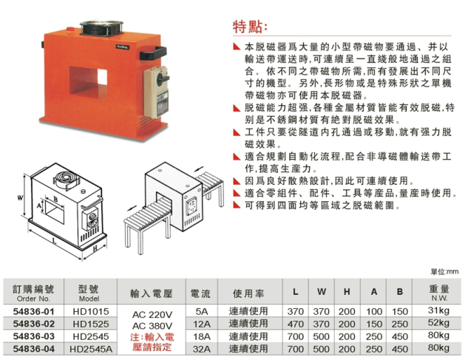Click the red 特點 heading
(x=250, y=27)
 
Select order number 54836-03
(x=34, y=336)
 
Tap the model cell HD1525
(x=91, y=324)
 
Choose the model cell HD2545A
(x=91, y=349)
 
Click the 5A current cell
(x=202, y=311)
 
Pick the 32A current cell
(x=202, y=349)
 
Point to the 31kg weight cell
(x=438, y=310)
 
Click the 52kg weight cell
(x=438, y=323)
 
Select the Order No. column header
(x=33, y=299)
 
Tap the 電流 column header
(x=201, y=293)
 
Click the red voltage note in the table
(x=152, y=342)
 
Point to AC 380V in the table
(x=152, y=326)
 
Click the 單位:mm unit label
(x=444, y=272)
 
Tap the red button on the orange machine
(x=71, y=30)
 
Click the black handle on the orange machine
(x=153, y=53)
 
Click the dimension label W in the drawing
(x=20, y=198)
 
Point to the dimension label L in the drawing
(x=54, y=240)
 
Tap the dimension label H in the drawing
(x=95, y=248)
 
